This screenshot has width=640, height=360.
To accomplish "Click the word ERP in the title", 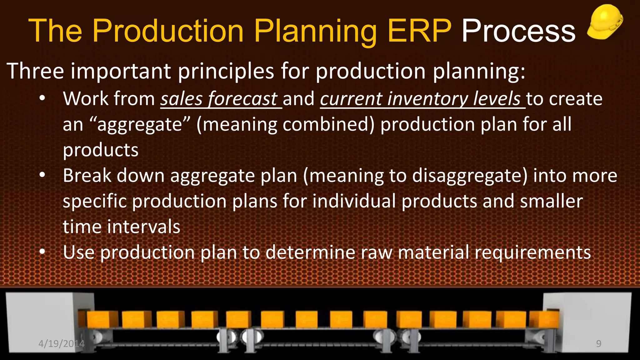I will (x=419, y=31).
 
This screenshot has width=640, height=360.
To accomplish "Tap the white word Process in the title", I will (x=518, y=31).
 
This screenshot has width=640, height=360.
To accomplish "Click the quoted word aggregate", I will (x=139, y=124).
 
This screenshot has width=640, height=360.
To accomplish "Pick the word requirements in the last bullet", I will (x=532, y=252).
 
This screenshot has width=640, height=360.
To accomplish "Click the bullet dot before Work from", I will (x=42, y=99).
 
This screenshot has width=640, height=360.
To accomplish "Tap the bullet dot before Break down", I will (x=42, y=175).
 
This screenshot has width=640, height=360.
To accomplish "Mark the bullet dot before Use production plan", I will (x=42, y=252).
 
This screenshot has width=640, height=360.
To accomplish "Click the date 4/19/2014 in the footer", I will (x=61, y=344).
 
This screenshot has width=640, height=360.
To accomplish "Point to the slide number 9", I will (x=598, y=344).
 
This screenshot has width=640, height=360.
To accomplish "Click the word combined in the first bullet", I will (x=328, y=124).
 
